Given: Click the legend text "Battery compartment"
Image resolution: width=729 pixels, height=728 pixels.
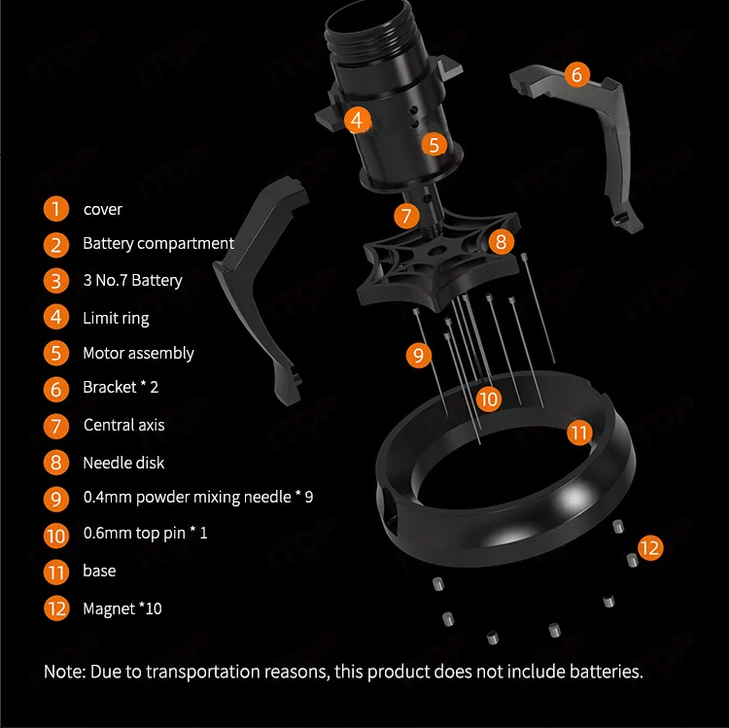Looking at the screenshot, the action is pos(158,243).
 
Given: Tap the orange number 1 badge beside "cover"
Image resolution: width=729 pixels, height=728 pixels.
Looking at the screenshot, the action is pos(56,209).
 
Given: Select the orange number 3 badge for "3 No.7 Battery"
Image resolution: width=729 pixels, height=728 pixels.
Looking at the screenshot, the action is pos(56,281).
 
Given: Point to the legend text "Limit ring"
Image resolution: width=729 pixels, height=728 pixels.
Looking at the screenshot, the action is pos(116,318).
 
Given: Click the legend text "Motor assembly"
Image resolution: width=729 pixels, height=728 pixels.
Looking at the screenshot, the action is pos(138,353).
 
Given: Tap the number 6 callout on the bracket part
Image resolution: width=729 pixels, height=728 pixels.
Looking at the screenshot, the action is pos(576,75).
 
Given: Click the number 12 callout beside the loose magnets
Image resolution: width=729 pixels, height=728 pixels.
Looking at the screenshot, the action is pos(650,547).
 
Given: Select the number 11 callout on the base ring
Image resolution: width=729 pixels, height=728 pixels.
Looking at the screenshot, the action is pos(580,433).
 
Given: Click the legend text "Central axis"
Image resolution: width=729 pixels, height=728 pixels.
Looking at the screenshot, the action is pos(123,425).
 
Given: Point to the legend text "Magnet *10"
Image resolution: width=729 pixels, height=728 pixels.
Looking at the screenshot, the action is pos(122,608).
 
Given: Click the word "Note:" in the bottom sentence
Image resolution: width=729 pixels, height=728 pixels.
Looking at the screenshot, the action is pos(64,671).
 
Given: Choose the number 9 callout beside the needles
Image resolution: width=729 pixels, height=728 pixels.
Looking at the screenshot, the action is pos(418,355).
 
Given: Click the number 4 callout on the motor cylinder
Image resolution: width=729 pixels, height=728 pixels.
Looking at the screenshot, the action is pos(358,121).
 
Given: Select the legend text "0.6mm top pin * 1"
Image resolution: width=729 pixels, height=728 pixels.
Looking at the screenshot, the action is pos(145,534).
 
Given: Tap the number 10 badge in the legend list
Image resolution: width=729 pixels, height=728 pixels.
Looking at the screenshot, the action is pos(56,535).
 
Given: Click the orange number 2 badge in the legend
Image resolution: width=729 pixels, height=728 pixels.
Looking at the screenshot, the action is pos(56,244).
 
